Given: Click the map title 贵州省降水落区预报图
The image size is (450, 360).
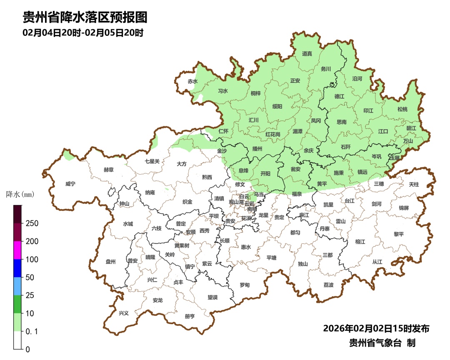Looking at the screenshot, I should [x=85, y=17].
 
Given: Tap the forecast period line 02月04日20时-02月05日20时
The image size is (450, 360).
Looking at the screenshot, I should [x=83, y=32].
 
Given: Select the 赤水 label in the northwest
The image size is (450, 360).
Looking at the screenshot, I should [x=192, y=81].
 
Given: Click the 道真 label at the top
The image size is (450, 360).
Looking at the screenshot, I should [x=307, y=54].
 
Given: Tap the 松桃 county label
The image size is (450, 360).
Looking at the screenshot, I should [x=402, y=109].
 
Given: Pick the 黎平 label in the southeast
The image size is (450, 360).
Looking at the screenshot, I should [x=399, y=234].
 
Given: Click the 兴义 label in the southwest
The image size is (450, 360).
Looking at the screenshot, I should [x=124, y=313].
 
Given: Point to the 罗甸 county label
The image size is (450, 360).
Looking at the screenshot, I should [x=245, y=285].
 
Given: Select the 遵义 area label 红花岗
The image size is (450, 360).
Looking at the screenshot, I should [x=273, y=134].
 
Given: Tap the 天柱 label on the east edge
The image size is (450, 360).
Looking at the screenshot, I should [x=414, y=184].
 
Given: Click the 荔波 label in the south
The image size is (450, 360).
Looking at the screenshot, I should [x=328, y=285].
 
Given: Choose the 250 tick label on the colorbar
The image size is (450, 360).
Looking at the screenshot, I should [x=32, y=223].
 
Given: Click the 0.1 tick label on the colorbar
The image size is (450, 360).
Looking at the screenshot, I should [x=32, y=331].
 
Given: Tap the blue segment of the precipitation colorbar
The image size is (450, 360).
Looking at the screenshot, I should [x=17, y=268].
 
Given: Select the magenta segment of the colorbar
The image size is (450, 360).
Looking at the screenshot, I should [x=17, y=250].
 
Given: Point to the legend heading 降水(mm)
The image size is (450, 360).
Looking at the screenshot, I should [x=20, y=195].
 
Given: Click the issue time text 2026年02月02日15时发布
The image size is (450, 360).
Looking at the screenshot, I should [x=376, y=328].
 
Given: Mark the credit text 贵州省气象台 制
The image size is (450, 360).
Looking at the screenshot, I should [x=382, y=343].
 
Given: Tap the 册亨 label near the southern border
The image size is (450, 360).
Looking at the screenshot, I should [x=190, y=316].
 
